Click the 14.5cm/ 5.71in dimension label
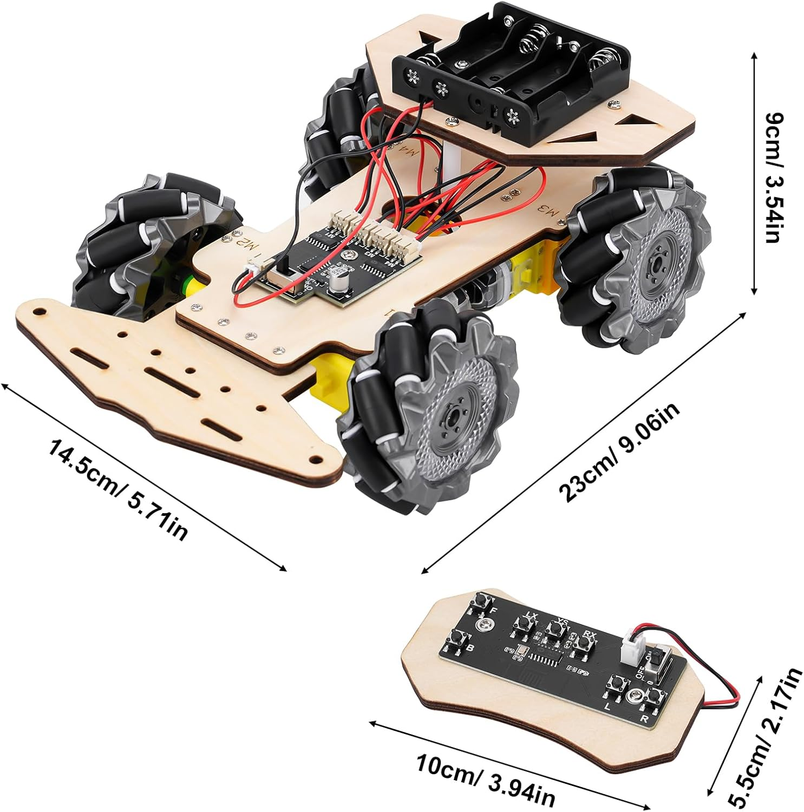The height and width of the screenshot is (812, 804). (x=118, y=490)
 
